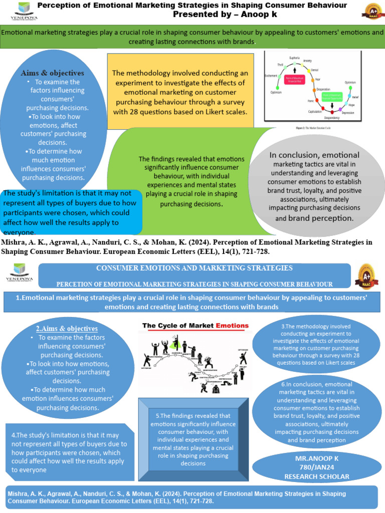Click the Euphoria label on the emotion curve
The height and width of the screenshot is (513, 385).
click(x=294, y=58)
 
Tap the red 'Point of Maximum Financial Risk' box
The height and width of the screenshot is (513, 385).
click(x=294, y=79)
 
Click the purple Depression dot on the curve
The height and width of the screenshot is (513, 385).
click(x=340, y=109)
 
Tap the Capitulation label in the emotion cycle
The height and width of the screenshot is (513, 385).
click(x=315, y=112)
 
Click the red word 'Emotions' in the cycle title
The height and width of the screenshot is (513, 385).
click(x=232, y=326)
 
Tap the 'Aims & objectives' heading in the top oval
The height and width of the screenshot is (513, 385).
click(x=52, y=73)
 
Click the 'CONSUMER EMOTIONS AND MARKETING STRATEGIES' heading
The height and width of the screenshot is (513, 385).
click(x=194, y=268)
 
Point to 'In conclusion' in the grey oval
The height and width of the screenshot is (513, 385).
click(x=294, y=155)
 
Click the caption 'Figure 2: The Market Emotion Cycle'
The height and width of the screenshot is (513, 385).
click(x=313, y=128)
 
